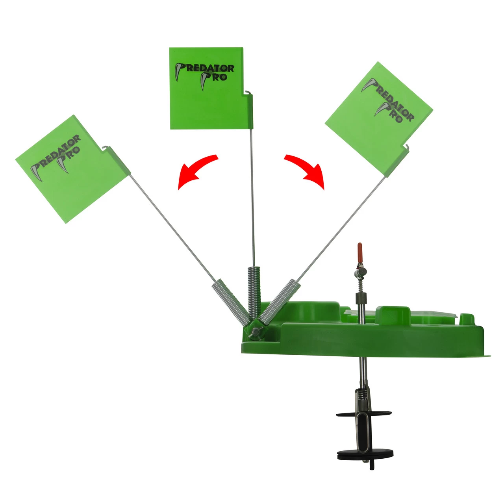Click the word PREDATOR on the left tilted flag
(x=56, y=154)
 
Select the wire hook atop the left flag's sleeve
(x=105, y=148)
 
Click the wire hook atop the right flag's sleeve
(x=407, y=146)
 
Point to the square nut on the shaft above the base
(x=361, y=298)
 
